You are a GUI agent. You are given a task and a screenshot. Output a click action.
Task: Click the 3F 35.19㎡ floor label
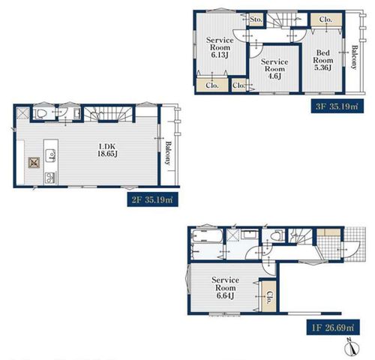point(337,106)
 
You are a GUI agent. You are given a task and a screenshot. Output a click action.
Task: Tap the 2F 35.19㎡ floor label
point(153,199)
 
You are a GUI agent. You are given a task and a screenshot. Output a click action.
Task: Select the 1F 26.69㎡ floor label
point(333,327)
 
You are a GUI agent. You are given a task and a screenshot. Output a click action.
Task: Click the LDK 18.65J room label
point(107,150)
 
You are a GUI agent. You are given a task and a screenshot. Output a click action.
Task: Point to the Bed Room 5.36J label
point(323,60)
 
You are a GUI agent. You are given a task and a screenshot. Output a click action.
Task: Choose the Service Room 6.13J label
point(220,47)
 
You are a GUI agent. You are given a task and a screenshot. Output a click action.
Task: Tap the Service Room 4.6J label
point(274,69)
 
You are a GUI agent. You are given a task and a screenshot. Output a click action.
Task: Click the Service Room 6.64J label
point(226,287)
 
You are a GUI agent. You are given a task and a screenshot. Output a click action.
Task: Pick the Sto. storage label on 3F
point(256,19)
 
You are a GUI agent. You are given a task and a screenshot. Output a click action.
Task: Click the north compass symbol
point(352,347)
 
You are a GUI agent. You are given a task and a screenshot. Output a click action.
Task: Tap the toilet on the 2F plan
point(40,114)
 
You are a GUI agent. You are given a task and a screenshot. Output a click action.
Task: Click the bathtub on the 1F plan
point(207,236)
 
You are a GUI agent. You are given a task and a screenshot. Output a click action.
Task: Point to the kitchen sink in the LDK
point(51,155)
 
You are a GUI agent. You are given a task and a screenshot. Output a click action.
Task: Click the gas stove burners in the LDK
point(51,178)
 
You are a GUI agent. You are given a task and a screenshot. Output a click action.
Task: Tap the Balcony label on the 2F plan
point(168,153)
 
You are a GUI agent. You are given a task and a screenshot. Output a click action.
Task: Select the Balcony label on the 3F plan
point(354,57)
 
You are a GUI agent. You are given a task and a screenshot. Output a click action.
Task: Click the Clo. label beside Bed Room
point(325,19)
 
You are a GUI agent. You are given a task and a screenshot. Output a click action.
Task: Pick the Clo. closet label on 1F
point(269,297)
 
